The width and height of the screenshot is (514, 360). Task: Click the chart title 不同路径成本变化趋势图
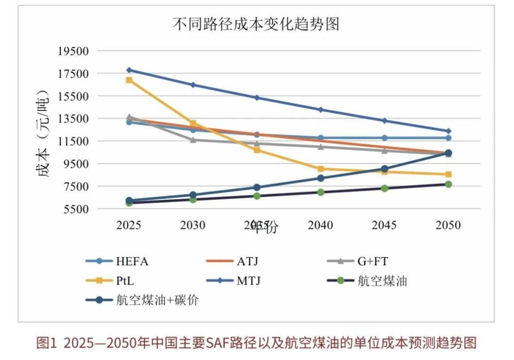(256, 24)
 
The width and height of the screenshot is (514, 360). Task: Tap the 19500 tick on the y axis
(73, 51)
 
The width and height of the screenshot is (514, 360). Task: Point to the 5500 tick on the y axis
(75, 209)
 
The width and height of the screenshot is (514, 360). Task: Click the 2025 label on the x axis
(128, 226)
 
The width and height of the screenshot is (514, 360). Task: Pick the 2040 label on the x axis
(320, 226)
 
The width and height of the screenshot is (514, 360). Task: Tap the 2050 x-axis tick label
(448, 226)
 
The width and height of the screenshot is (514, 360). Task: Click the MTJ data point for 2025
(129, 70)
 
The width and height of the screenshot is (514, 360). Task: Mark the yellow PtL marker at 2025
(129, 80)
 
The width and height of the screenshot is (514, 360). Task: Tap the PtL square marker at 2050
(448, 175)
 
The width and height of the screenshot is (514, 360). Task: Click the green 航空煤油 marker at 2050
(448, 184)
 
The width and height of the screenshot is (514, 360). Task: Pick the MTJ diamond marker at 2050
(448, 131)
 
